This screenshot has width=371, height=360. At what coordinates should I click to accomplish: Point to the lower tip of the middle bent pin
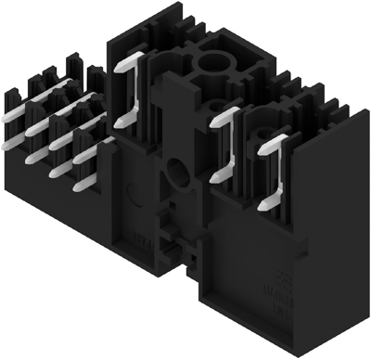coord(214,178)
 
